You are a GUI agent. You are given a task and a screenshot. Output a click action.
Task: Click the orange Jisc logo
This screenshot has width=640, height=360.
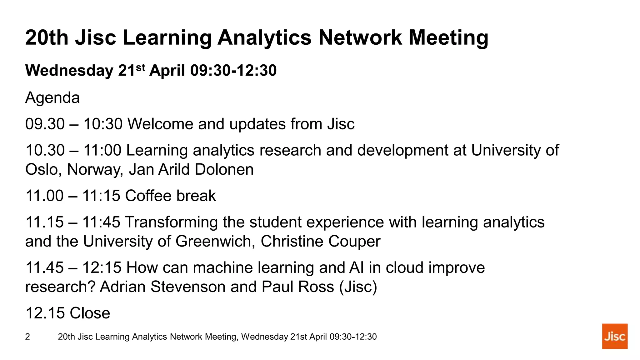(x=614, y=336)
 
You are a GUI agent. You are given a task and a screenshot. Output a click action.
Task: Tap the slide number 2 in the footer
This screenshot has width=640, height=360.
(x=27, y=337)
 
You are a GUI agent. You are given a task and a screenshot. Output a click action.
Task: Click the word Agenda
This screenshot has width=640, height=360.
(x=52, y=98)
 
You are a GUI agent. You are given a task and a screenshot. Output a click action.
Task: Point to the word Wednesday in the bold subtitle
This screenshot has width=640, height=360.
(x=69, y=70)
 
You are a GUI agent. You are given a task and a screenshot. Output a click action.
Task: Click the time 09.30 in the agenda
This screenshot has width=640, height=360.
(x=45, y=124)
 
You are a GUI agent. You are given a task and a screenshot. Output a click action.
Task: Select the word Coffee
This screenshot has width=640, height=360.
(x=148, y=196)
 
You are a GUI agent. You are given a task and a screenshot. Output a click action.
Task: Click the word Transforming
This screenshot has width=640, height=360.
(x=171, y=222)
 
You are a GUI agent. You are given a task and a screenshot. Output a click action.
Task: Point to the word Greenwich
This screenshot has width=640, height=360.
(x=215, y=242)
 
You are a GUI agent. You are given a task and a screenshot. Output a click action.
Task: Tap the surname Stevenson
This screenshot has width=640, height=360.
(x=188, y=287)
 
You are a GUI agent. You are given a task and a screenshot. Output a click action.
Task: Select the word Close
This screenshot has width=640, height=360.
(x=90, y=313)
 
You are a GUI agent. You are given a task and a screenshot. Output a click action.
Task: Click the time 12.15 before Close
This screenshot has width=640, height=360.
(x=45, y=313)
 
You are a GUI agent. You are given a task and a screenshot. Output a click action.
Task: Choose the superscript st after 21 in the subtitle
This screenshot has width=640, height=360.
(x=141, y=67)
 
